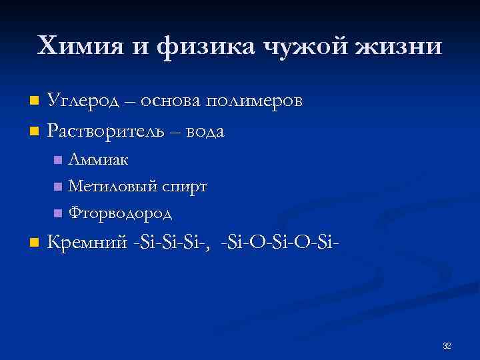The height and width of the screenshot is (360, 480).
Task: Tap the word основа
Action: point(171,101)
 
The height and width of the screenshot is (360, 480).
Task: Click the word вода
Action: point(203,131)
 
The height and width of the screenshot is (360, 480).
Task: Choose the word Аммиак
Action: point(99,159)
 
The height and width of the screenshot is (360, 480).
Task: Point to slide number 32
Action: point(447,345)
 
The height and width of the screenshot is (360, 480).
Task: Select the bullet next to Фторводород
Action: point(58,213)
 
